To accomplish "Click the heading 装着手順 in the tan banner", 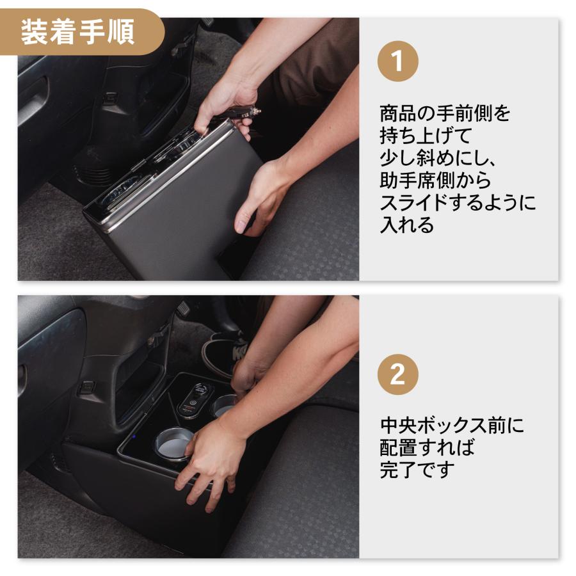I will (x=77, y=33).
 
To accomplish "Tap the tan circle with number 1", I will (x=397, y=63).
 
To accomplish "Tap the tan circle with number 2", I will (x=397, y=374).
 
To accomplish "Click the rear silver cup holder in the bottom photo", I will (x=224, y=404).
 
